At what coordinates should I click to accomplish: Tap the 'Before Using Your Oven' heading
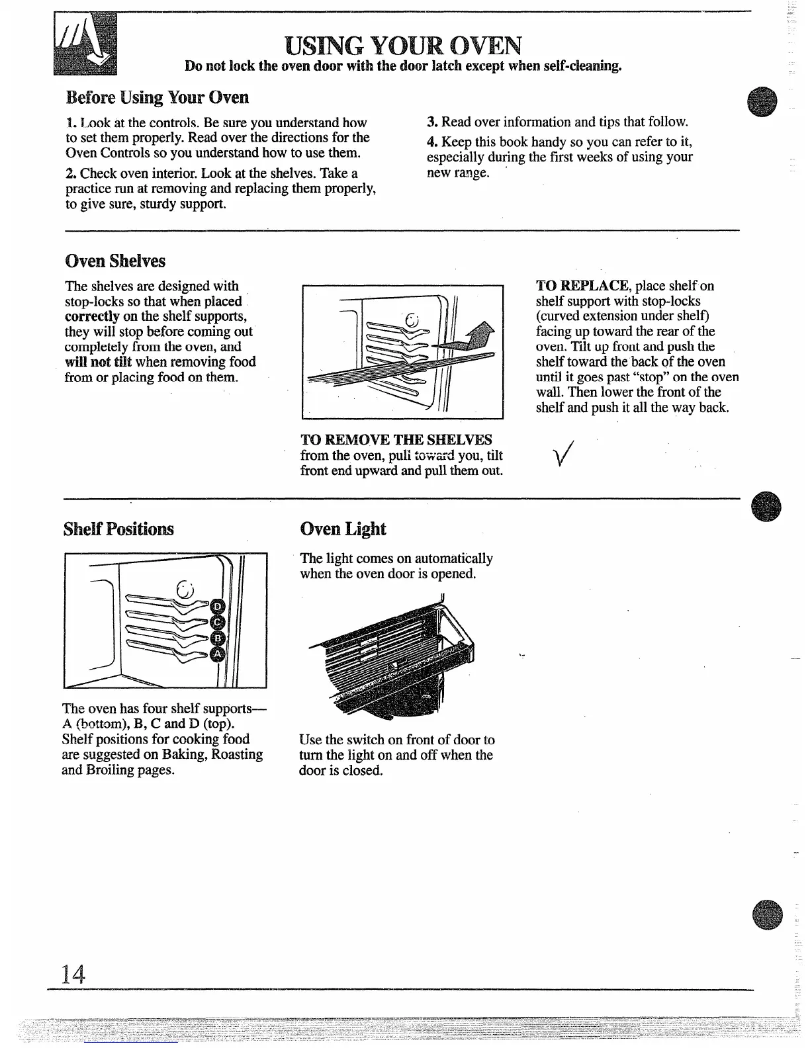click(x=157, y=97)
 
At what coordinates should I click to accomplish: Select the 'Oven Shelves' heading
click(x=115, y=261)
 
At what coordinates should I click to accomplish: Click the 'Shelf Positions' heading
click(x=118, y=529)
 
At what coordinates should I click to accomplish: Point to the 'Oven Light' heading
click(x=342, y=529)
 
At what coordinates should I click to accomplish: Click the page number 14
click(x=73, y=973)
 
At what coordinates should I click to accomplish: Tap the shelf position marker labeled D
click(x=218, y=607)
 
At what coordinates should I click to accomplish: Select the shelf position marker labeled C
click(x=218, y=623)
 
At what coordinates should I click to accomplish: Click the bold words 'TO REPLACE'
click(x=582, y=286)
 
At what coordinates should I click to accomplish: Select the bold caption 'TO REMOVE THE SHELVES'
click(x=396, y=440)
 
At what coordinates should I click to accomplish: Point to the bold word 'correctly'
click(x=92, y=316)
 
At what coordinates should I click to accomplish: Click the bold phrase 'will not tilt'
click(x=98, y=362)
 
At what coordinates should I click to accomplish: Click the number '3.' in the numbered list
click(x=433, y=122)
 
